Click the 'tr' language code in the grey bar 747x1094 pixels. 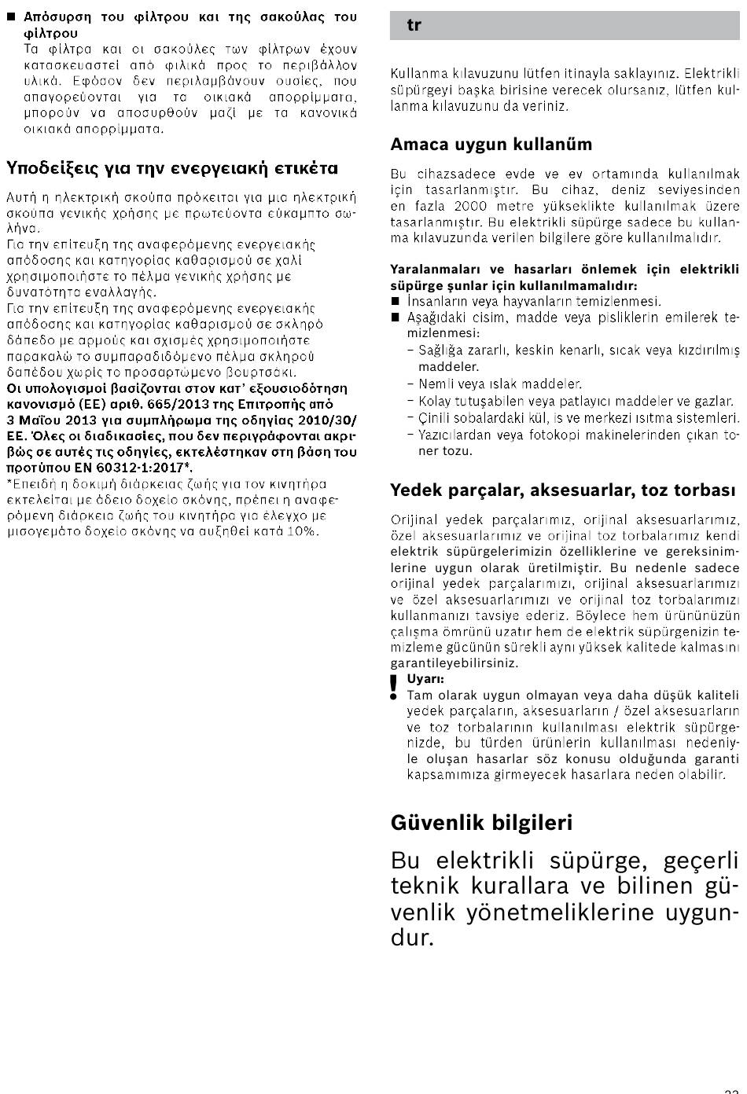[414, 26]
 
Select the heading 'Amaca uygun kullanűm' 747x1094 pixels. [491, 145]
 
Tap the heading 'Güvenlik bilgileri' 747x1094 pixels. [481, 823]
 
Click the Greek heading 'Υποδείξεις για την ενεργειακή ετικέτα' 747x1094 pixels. [172, 168]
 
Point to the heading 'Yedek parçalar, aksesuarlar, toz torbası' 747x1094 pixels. [563, 490]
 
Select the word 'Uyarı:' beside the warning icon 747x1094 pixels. [425, 679]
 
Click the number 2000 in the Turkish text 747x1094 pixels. [471, 206]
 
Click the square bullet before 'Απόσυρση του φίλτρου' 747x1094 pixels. [11, 17]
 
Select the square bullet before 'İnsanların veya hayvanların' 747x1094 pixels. [396, 301]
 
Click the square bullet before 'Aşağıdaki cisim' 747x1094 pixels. [396, 318]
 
